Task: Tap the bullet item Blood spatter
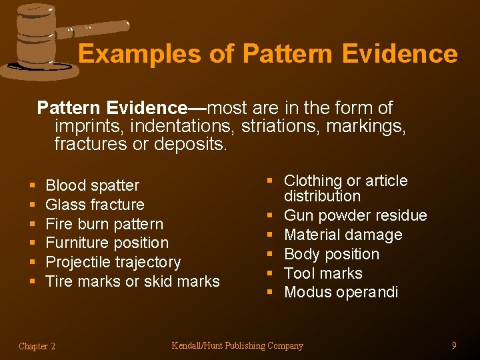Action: pos(92,185)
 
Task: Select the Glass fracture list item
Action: pos(95,205)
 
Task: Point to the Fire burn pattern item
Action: pos(104,224)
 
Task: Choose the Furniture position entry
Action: pos(107,243)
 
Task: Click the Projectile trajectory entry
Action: pos(113,262)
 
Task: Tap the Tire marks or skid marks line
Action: pos(132,281)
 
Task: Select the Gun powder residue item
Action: pos(355,215)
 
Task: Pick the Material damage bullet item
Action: pos(343,235)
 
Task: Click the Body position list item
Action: pos(331,254)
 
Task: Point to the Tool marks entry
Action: pos(323,273)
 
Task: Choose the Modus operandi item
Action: pos(341,292)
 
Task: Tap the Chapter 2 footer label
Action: pos(37,346)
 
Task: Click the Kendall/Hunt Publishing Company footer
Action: pos(237,345)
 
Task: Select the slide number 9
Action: pos(454,345)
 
